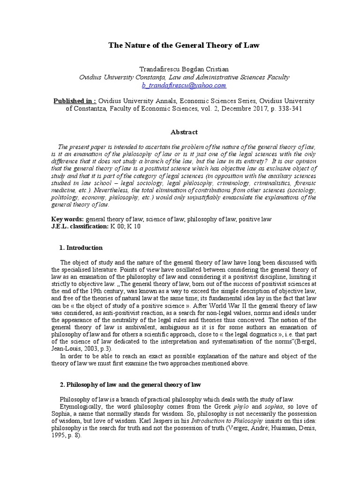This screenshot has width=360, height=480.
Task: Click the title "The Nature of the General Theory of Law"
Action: [x=184, y=45]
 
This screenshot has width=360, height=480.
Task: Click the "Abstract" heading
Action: [x=184, y=132]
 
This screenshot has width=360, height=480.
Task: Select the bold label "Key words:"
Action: [x=67, y=219]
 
